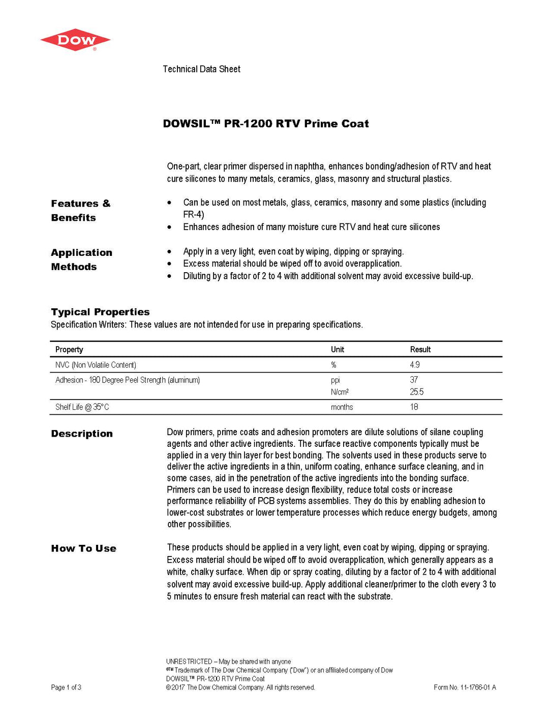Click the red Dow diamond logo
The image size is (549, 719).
(75, 40)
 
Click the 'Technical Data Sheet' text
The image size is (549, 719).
(201, 69)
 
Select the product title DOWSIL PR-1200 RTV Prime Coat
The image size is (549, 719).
(266, 123)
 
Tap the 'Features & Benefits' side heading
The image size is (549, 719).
(80, 210)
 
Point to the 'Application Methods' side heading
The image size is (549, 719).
(81, 259)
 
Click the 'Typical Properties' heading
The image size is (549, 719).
(100, 312)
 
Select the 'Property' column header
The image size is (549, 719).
(69, 349)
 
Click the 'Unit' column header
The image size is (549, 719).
(338, 349)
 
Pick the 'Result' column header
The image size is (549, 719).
(420, 349)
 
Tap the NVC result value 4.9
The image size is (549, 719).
(415, 365)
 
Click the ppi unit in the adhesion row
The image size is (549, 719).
(335, 380)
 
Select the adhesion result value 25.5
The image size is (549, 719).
(417, 392)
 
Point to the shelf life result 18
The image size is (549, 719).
(414, 407)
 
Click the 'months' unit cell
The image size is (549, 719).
(342, 407)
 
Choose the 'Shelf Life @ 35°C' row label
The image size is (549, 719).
(82, 407)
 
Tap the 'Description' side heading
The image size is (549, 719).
(82, 434)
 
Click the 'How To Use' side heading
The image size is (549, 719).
(83, 548)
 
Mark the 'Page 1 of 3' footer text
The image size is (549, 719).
(66, 688)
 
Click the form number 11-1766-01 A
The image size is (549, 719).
(465, 688)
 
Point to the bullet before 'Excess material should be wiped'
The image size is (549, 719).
(169, 264)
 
